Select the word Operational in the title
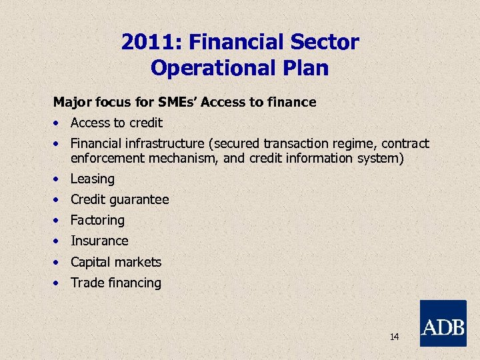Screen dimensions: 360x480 tap(213, 67)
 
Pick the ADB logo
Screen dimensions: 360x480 tap(443, 323)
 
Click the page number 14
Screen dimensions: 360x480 tap(394, 337)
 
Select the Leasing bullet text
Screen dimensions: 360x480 tap(93, 179)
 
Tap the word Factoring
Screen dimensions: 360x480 tap(97, 220)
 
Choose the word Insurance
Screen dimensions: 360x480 tap(99, 241)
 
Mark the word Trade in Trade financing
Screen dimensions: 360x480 tap(85, 283)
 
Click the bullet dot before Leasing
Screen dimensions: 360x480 tap(59, 179)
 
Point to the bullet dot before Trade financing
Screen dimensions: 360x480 tap(59, 283)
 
